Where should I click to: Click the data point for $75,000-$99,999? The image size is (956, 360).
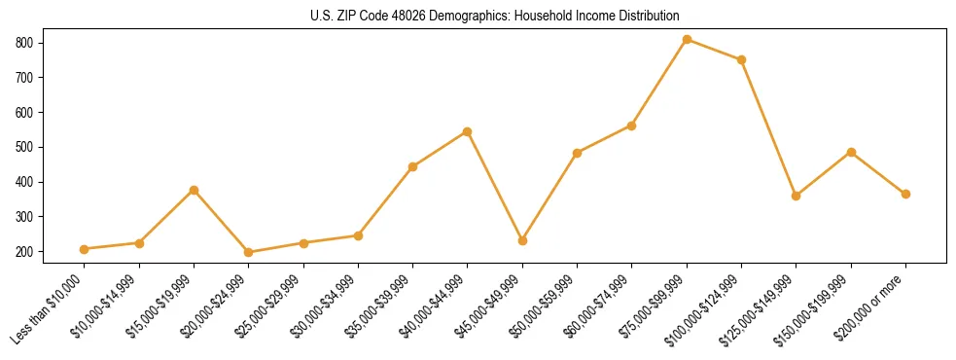click(x=687, y=40)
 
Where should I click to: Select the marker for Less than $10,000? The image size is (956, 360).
click(x=85, y=249)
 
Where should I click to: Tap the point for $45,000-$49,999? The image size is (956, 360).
click(x=522, y=240)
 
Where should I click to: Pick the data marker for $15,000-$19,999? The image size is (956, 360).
click(x=194, y=190)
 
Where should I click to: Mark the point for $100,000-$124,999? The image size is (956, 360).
click(x=741, y=59)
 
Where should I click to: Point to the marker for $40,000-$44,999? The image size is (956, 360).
click(x=468, y=131)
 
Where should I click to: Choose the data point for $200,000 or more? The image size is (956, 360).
click(x=905, y=194)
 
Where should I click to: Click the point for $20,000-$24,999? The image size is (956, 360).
click(x=249, y=252)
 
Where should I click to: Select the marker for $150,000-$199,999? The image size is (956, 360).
click(x=851, y=152)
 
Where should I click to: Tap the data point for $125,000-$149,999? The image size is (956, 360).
click(x=797, y=196)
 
